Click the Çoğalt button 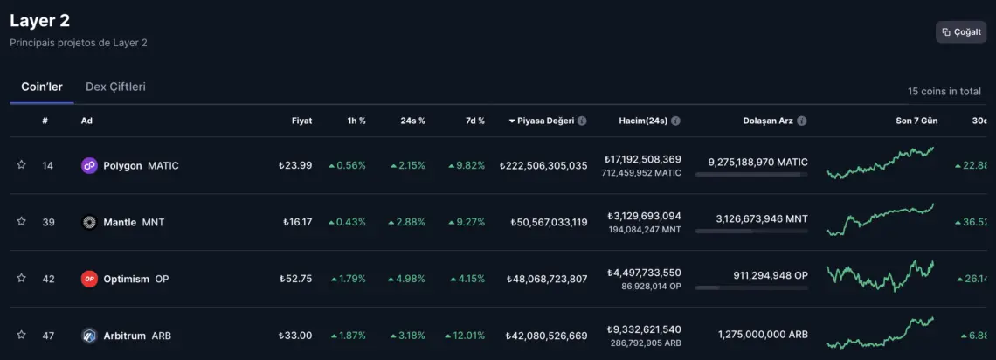(961, 32)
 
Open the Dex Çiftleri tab (115, 87)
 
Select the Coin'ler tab (42, 87)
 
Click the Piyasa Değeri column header (545, 121)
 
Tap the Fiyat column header (301, 121)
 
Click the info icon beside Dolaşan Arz (802, 121)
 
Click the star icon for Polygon (21, 165)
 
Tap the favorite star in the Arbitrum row (21, 335)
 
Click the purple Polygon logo (89, 165)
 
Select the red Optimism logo (89, 279)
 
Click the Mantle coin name (120, 222)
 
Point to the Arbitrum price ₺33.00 (295, 335)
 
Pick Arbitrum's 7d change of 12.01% (465, 335)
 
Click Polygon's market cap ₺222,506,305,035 (543, 165)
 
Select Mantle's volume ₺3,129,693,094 (642, 216)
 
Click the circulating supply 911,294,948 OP (758, 275)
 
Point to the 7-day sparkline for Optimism (880, 276)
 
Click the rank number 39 (48, 222)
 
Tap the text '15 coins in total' (944, 91)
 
